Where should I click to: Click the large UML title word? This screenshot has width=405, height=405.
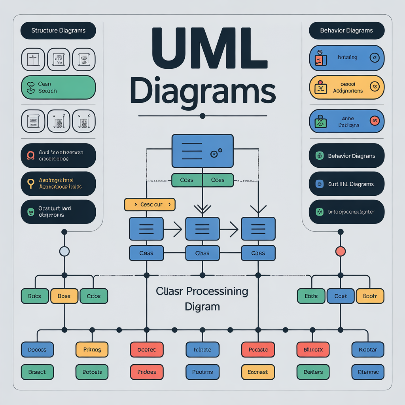[x=202, y=51]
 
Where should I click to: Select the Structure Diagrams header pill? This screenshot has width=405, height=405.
[x=58, y=30]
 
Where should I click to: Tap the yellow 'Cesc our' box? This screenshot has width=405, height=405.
[x=150, y=204]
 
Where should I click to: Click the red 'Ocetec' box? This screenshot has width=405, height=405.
[x=147, y=350]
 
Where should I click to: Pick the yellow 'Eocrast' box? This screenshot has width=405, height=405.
[x=258, y=372]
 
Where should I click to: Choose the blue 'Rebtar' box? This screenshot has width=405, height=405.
[x=368, y=350]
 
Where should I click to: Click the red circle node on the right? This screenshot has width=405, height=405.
[x=340, y=251]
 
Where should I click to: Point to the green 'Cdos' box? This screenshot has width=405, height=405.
[x=94, y=296]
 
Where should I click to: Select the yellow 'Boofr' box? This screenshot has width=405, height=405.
[x=370, y=296]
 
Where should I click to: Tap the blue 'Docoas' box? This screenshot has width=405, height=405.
[x=37, y=350]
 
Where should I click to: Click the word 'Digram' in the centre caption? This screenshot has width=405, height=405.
[x=202, y=307]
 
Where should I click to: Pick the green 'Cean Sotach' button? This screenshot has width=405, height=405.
[x=58, y=87]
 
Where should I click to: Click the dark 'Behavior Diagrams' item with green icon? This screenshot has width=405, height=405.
[x=346, y=156]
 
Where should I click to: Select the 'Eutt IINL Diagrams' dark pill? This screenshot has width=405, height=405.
[x=346, y=184]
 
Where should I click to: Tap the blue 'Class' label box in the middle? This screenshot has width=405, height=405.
[x=202, y=253]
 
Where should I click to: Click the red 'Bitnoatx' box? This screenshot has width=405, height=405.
[x=313, y=350]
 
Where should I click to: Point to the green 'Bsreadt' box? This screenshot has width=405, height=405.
[x=37, y=372]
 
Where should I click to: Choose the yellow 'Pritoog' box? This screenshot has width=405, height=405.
[x=92, y=350]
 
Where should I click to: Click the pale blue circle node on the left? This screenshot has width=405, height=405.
[x=64, y=251]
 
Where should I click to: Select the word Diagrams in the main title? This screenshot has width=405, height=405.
[x=202, y=92]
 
